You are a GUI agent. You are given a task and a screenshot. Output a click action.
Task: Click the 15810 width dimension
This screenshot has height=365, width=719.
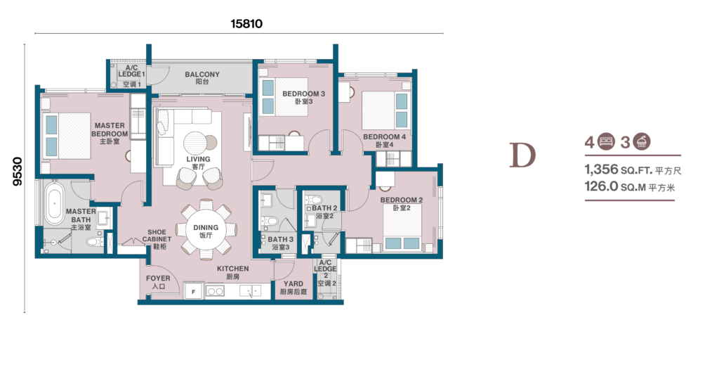(246, 23)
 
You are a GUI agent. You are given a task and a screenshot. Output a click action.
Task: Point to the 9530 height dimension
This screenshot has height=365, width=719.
(18, 172)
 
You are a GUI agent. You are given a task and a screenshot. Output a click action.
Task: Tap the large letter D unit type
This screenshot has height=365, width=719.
(522, 155)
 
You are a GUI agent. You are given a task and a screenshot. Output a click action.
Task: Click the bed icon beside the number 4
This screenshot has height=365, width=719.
(606, 141)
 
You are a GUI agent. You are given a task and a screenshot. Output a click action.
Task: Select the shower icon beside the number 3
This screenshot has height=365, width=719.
(642, 141)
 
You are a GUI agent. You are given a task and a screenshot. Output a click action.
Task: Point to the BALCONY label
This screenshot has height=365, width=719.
(202, 74)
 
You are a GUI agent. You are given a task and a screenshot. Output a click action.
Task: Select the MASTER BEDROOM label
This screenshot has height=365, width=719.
(110, 129)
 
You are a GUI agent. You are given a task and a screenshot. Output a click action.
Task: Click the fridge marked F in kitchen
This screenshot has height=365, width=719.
(194, 291)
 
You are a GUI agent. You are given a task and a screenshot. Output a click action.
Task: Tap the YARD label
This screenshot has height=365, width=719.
(293, 283)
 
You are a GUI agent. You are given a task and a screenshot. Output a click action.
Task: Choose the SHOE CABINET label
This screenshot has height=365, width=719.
(157, 236)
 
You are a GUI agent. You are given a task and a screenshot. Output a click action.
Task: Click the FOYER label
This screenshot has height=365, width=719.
(158, 278)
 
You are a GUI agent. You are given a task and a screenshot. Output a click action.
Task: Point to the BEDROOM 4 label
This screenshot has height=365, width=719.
(384, 137)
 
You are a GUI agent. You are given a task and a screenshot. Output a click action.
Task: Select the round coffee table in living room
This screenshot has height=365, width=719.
(196, 141)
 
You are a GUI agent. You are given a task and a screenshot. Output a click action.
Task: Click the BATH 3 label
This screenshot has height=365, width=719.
(281, 239)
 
